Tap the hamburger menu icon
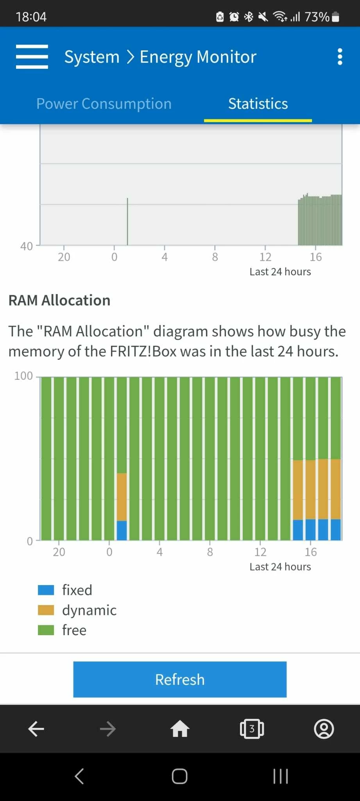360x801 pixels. click(x=32, y=57)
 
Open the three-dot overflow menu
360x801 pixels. click(x=340, y=57)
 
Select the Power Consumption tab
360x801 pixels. click(x=104, y=104)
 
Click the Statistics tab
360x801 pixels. click(x=258, y=104)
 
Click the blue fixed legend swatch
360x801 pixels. click(x=46, y=590)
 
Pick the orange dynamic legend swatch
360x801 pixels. click(x=46, y=610)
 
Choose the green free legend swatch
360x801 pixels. click(x=46, y=630)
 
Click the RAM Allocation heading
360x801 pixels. click(x=59, y=300)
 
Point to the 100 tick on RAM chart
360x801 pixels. click(x=23, y=376)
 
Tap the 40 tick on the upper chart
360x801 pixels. click(x=27, y=246)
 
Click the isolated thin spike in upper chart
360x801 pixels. click(x=127, y=221)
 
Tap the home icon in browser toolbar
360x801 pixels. click(x=180, y=729)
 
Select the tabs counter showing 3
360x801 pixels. click(x=252, y=729)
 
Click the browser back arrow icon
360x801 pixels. click(x=36, y=729)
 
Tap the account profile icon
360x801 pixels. click(x=324, y=729)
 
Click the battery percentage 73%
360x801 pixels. click(x=317, y=17)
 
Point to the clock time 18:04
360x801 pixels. click(x=31, y=17)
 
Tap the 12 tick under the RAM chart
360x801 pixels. click(x=260, y=552)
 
